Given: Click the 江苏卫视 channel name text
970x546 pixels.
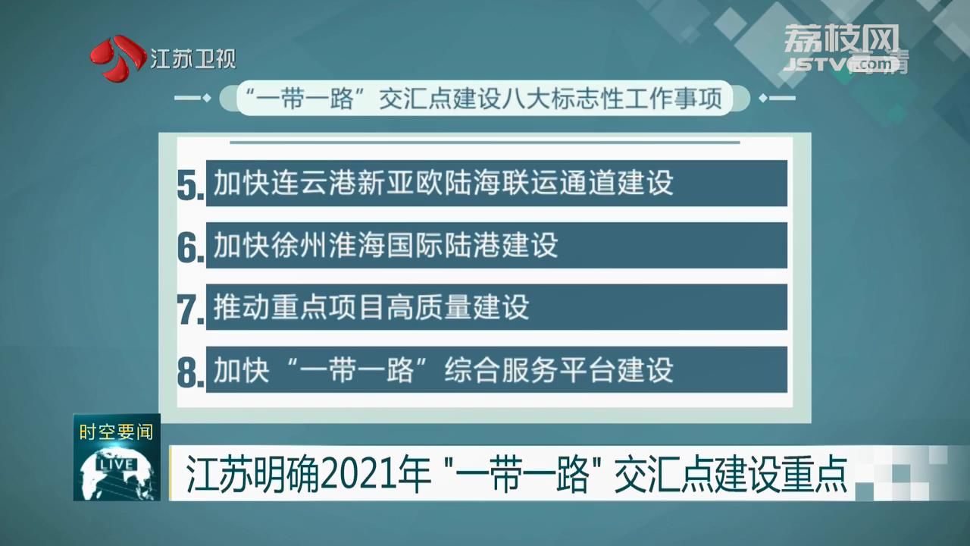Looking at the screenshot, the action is pyautogui.click(x=193, y=58).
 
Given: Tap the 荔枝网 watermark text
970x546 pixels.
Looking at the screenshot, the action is pyautogui.click(x=841, y=38).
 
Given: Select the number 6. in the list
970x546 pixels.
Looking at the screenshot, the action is pyautogui.click(x=190, y=247).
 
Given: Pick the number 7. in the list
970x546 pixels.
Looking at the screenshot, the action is pyautogui.click(x=190, y=309).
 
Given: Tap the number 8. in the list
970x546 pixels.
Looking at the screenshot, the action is pyautogui.click(x=190, y=372).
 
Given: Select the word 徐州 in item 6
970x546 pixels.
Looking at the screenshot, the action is pyautogui.click(x=299, y=245).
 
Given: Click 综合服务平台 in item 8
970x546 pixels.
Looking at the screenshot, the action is pyautogui.click(x=530, y=369).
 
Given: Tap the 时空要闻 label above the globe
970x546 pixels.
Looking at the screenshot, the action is pyautogui.click(x=116, y=432).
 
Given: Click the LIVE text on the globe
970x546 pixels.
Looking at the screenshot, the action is pyautogui.click(x=116, y=465).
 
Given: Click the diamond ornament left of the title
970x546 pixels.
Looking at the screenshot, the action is pyautogui.click(x=207, y=99).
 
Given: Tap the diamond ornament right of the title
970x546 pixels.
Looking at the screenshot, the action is pyautogui.click(x=763, y=99).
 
